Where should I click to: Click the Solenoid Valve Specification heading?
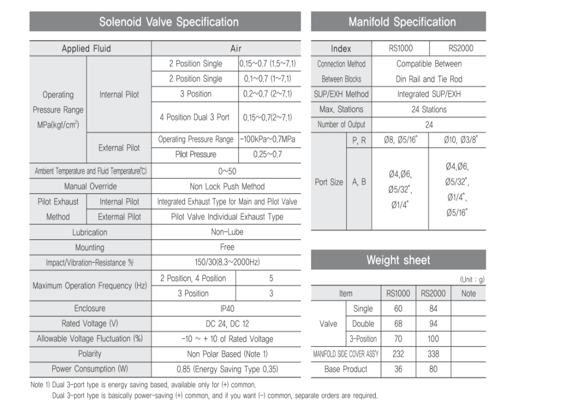pos(168,22)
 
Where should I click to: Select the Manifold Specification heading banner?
pos(402,22)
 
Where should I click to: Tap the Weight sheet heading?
pos(398,260)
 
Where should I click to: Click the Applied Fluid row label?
pos(86,48)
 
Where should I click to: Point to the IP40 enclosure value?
pos(227,308)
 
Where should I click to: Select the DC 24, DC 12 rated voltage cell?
pos(227,323)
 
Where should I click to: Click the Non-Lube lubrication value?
pos(227,232)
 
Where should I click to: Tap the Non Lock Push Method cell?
pos(227,187)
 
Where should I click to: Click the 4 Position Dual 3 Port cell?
pos(195,117)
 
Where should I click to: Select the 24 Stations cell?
pos(428,109)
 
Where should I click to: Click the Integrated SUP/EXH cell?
pos(428,94)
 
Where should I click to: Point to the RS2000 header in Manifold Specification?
pos(461,48)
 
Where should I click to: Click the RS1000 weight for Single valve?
pos(398,309)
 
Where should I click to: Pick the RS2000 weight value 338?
pos(433,353)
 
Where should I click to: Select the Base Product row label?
pos(346,369)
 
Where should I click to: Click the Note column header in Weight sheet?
pos(468,293)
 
